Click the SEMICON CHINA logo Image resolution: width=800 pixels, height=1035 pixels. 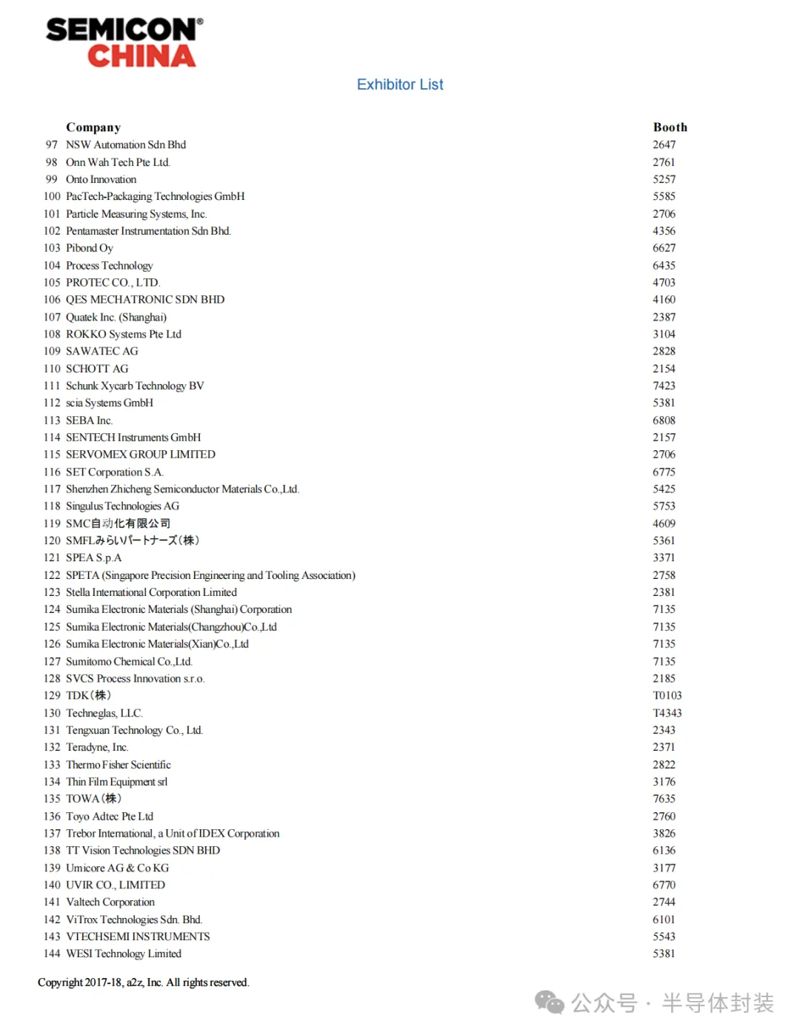[x=124, y=43]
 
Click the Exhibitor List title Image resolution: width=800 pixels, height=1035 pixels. [x=400, y=84]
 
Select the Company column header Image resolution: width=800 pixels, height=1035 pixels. [x=93, y=127]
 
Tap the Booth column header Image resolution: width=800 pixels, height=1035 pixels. [x=670, y=127]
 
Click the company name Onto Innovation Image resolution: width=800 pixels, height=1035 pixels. [x=101, y=179]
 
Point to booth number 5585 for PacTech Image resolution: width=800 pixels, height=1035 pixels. [x=664, y=196]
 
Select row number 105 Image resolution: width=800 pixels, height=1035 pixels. [x=52, y=282]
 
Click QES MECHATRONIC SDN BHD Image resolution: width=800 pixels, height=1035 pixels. [x=145, y=299]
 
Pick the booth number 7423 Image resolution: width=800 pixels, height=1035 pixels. [x=664, y=386]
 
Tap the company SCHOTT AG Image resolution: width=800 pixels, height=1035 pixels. [x=97, y=369]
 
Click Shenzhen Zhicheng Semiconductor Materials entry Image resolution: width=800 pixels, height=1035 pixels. [x=182, y=489]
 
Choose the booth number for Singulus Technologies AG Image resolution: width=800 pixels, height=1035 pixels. [x=664, y=506]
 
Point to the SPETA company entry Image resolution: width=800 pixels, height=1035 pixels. [x=210, y=575]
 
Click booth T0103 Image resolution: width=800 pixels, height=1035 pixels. [x=667, y=695]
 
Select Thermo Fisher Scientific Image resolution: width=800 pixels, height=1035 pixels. [x=119, y=765]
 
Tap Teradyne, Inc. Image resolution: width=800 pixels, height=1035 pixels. [x=97, y=747]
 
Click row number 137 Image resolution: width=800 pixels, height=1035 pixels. [x=52, y=834]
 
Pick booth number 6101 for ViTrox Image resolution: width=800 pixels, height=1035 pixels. [x=664, y=920]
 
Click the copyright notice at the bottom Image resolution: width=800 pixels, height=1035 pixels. [x=144, y=982]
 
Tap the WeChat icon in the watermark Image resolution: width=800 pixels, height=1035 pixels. [x=550, y=1003]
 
